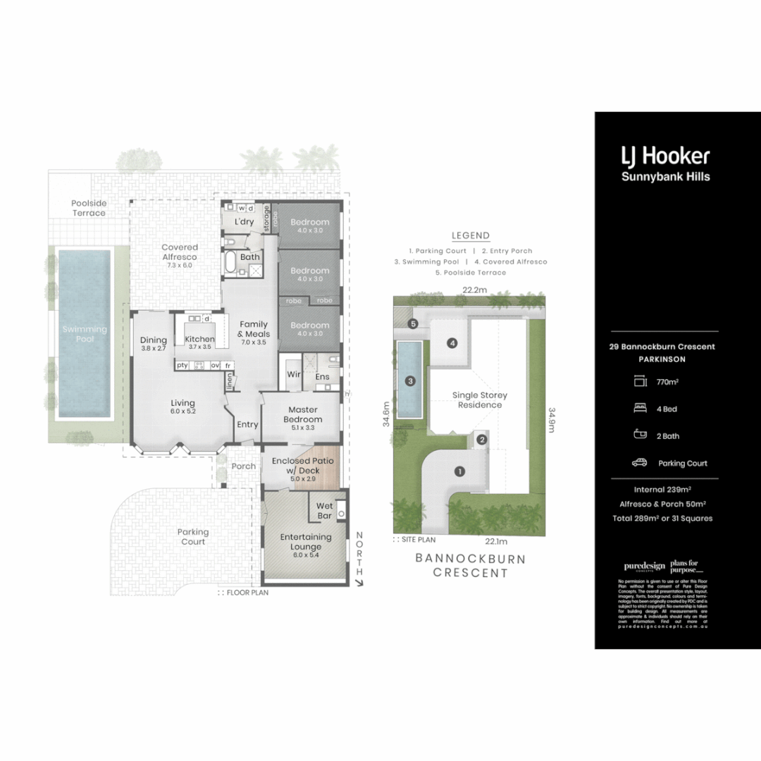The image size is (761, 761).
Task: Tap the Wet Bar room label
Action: pyautogui.click(x=325, y=511)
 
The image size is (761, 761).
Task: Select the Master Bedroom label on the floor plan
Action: pyautogui.click(x=303, y=414)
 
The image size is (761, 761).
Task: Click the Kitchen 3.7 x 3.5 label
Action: pyautogui.click(x=199, y=343)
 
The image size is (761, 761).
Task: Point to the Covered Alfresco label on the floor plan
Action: pyautogui.click(x=179, y=252)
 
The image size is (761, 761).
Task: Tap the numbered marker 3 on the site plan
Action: pyautogui.click(x=410, y=381)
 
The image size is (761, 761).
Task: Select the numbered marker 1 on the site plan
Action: pyautogui.click(x=459, y=471)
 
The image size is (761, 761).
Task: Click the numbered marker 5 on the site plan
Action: pyautogui.click(x=413, y=323)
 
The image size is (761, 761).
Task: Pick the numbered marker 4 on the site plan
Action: pyautogui.click(x=452, y=343)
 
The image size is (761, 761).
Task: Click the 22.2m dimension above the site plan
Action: pyautogui.click(x=476, y=290)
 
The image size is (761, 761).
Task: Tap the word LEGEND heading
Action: pyautogui.click(x=470, y=236)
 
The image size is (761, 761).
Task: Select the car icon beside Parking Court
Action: pyautogui.click(x=640, y=463)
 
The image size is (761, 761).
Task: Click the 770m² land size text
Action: pyautogui.click(x=667, y=382)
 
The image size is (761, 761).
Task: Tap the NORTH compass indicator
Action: pyautogui.click(x=360, y=555)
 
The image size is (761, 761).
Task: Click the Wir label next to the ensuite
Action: pyautogui.click(x=292, y=375)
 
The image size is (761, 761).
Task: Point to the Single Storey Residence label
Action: pyautogui.click(x=479, y=400)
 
